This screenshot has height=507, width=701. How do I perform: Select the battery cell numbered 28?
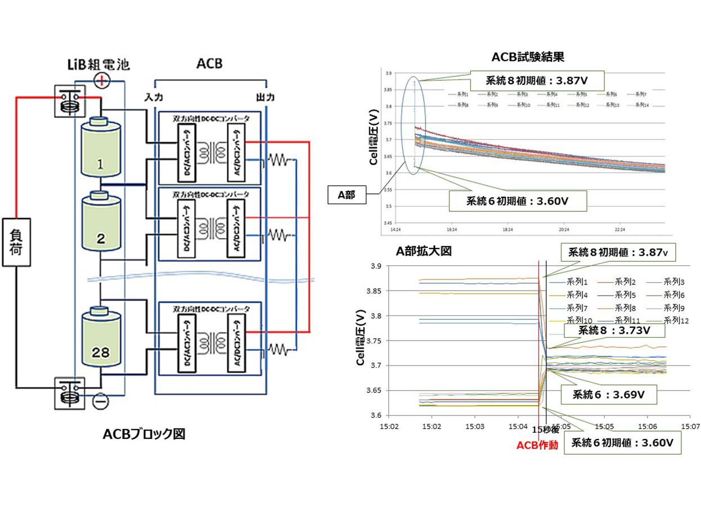click(x=101, y=343)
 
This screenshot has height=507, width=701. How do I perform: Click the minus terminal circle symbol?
click(x=101, y=401)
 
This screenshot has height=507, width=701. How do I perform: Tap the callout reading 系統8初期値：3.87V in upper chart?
click(x=537, y=80)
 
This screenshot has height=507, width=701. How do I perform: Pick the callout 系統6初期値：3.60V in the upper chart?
click(x=518, y=201)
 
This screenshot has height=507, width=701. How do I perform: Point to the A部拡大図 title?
click(x=423, y=251)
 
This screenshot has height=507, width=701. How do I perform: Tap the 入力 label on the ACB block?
click(x=154, y=97)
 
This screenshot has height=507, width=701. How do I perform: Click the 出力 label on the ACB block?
click(x=265, y=97)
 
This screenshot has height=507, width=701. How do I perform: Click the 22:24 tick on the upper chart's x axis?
click(x=620, y=230)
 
